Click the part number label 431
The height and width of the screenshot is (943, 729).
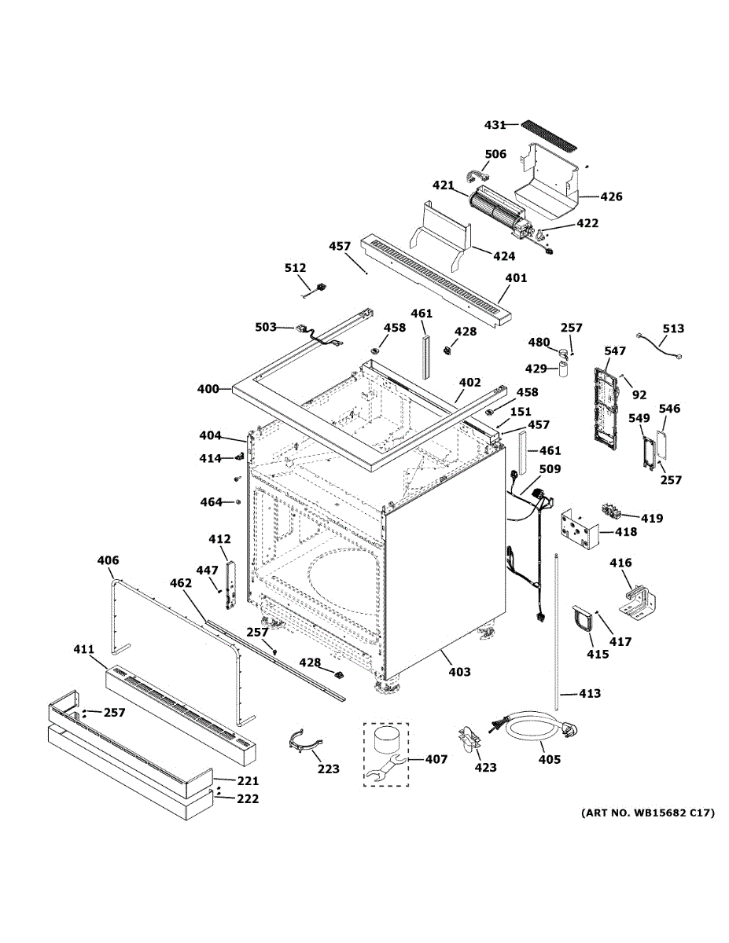tap(495, 125)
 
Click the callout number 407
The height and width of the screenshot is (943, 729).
tap(436, 760)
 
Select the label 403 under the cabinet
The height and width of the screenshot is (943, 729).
tap(460, 672)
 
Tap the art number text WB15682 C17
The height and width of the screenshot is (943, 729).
tap(647, 813)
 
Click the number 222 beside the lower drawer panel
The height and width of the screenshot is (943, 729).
tap(248, 798)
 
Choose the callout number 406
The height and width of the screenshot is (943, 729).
tap(108, 560)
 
